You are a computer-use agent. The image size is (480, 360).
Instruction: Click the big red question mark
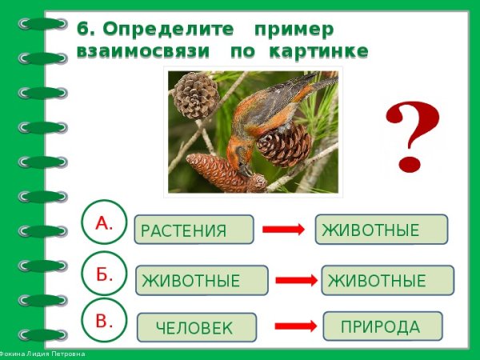tap(413, 136)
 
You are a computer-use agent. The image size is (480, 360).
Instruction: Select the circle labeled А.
tap(104, 223)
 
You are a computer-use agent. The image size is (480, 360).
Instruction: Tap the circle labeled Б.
tap(104, 274)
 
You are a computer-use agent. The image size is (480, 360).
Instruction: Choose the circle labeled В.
tap(104, 322)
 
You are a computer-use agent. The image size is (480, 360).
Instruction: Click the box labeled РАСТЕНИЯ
tap(194, 230)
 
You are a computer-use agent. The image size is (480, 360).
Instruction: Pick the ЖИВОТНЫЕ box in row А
tap(381, 230)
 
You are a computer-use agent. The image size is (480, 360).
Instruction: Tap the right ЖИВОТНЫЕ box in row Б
tap(387, 280)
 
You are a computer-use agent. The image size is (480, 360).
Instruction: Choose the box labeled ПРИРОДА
tap(382, 326)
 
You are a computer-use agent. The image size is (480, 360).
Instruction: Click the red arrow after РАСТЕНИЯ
tap(283, 230)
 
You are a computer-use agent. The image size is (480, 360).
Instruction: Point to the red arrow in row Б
tap(296, 280)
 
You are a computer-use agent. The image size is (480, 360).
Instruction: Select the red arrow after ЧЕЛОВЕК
tap(296, 326)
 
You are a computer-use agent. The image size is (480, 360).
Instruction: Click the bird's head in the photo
tap(240, 157)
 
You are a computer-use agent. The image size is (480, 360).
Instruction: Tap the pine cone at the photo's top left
tap(195, 94)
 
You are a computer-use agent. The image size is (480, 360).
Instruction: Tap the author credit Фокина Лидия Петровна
tap(44, 354)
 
